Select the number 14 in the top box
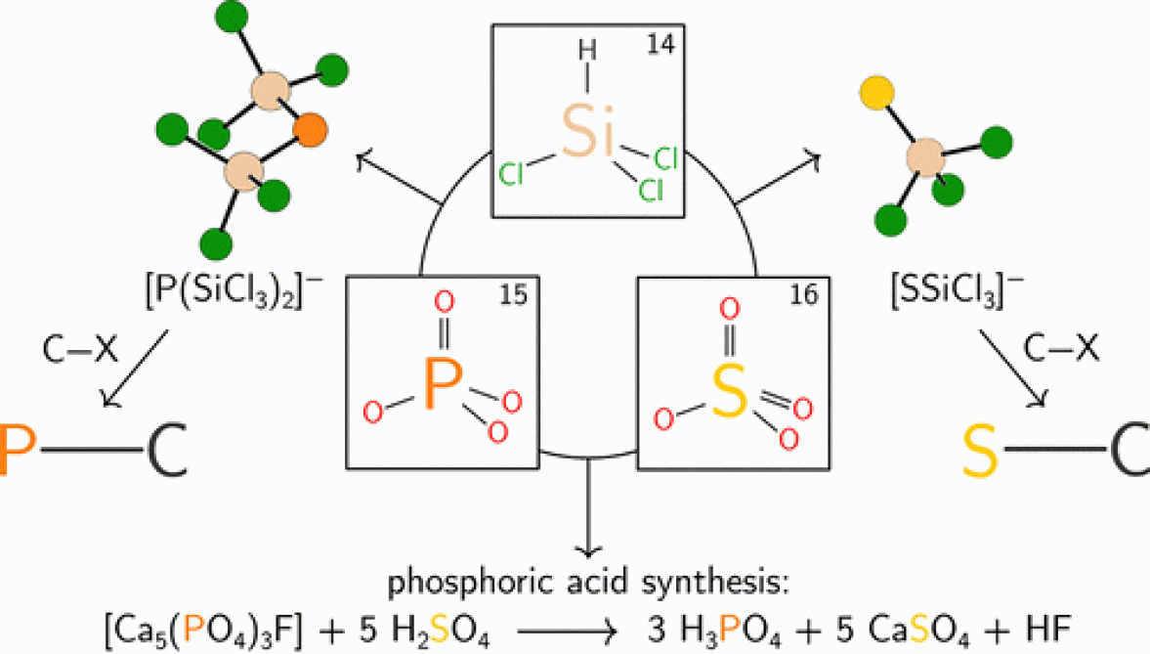pos(672,43)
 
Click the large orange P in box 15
pos(441,384)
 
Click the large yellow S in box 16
pos(729,390)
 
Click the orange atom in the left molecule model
pos(309,128)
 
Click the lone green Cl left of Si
pos(512,175)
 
